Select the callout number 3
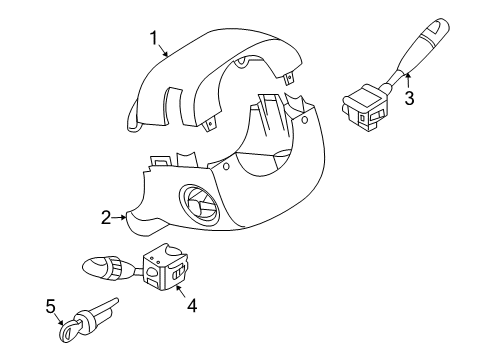coord(408,98)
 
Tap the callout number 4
coord(192,307)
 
